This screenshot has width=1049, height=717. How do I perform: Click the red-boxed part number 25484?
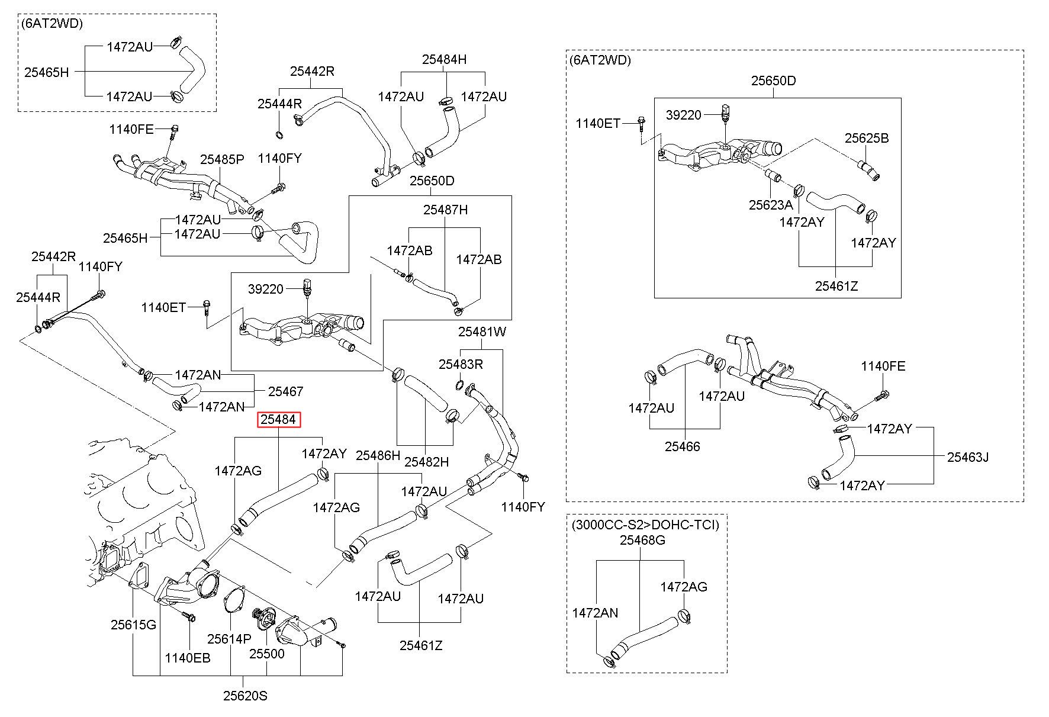(279, 420)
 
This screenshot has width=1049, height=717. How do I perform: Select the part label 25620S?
(245, 696)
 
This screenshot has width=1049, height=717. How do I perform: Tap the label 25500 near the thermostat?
(266, 654)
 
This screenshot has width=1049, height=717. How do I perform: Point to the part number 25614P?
(229, 639)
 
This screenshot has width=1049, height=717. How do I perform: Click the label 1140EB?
(188, 658)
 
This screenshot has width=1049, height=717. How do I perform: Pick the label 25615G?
(134, 625)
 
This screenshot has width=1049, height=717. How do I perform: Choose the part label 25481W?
(482, 332)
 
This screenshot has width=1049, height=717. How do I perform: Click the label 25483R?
(461, 364)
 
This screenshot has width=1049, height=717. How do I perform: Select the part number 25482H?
(427, 462)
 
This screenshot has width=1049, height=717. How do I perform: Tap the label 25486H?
(378, 455)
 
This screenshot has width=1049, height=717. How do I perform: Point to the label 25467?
(285, 391)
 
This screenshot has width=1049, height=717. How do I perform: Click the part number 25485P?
(222, 159)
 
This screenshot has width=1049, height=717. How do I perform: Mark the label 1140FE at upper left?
(131, 129)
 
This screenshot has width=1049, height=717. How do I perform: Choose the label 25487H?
(445, 210)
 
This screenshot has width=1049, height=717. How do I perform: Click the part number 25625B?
(867, 138)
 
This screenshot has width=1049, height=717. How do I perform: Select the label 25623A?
(771, 205)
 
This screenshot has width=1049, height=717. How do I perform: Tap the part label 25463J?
(968, 456)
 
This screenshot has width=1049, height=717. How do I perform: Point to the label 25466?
(682, 446)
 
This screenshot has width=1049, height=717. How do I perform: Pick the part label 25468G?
(642, 540)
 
